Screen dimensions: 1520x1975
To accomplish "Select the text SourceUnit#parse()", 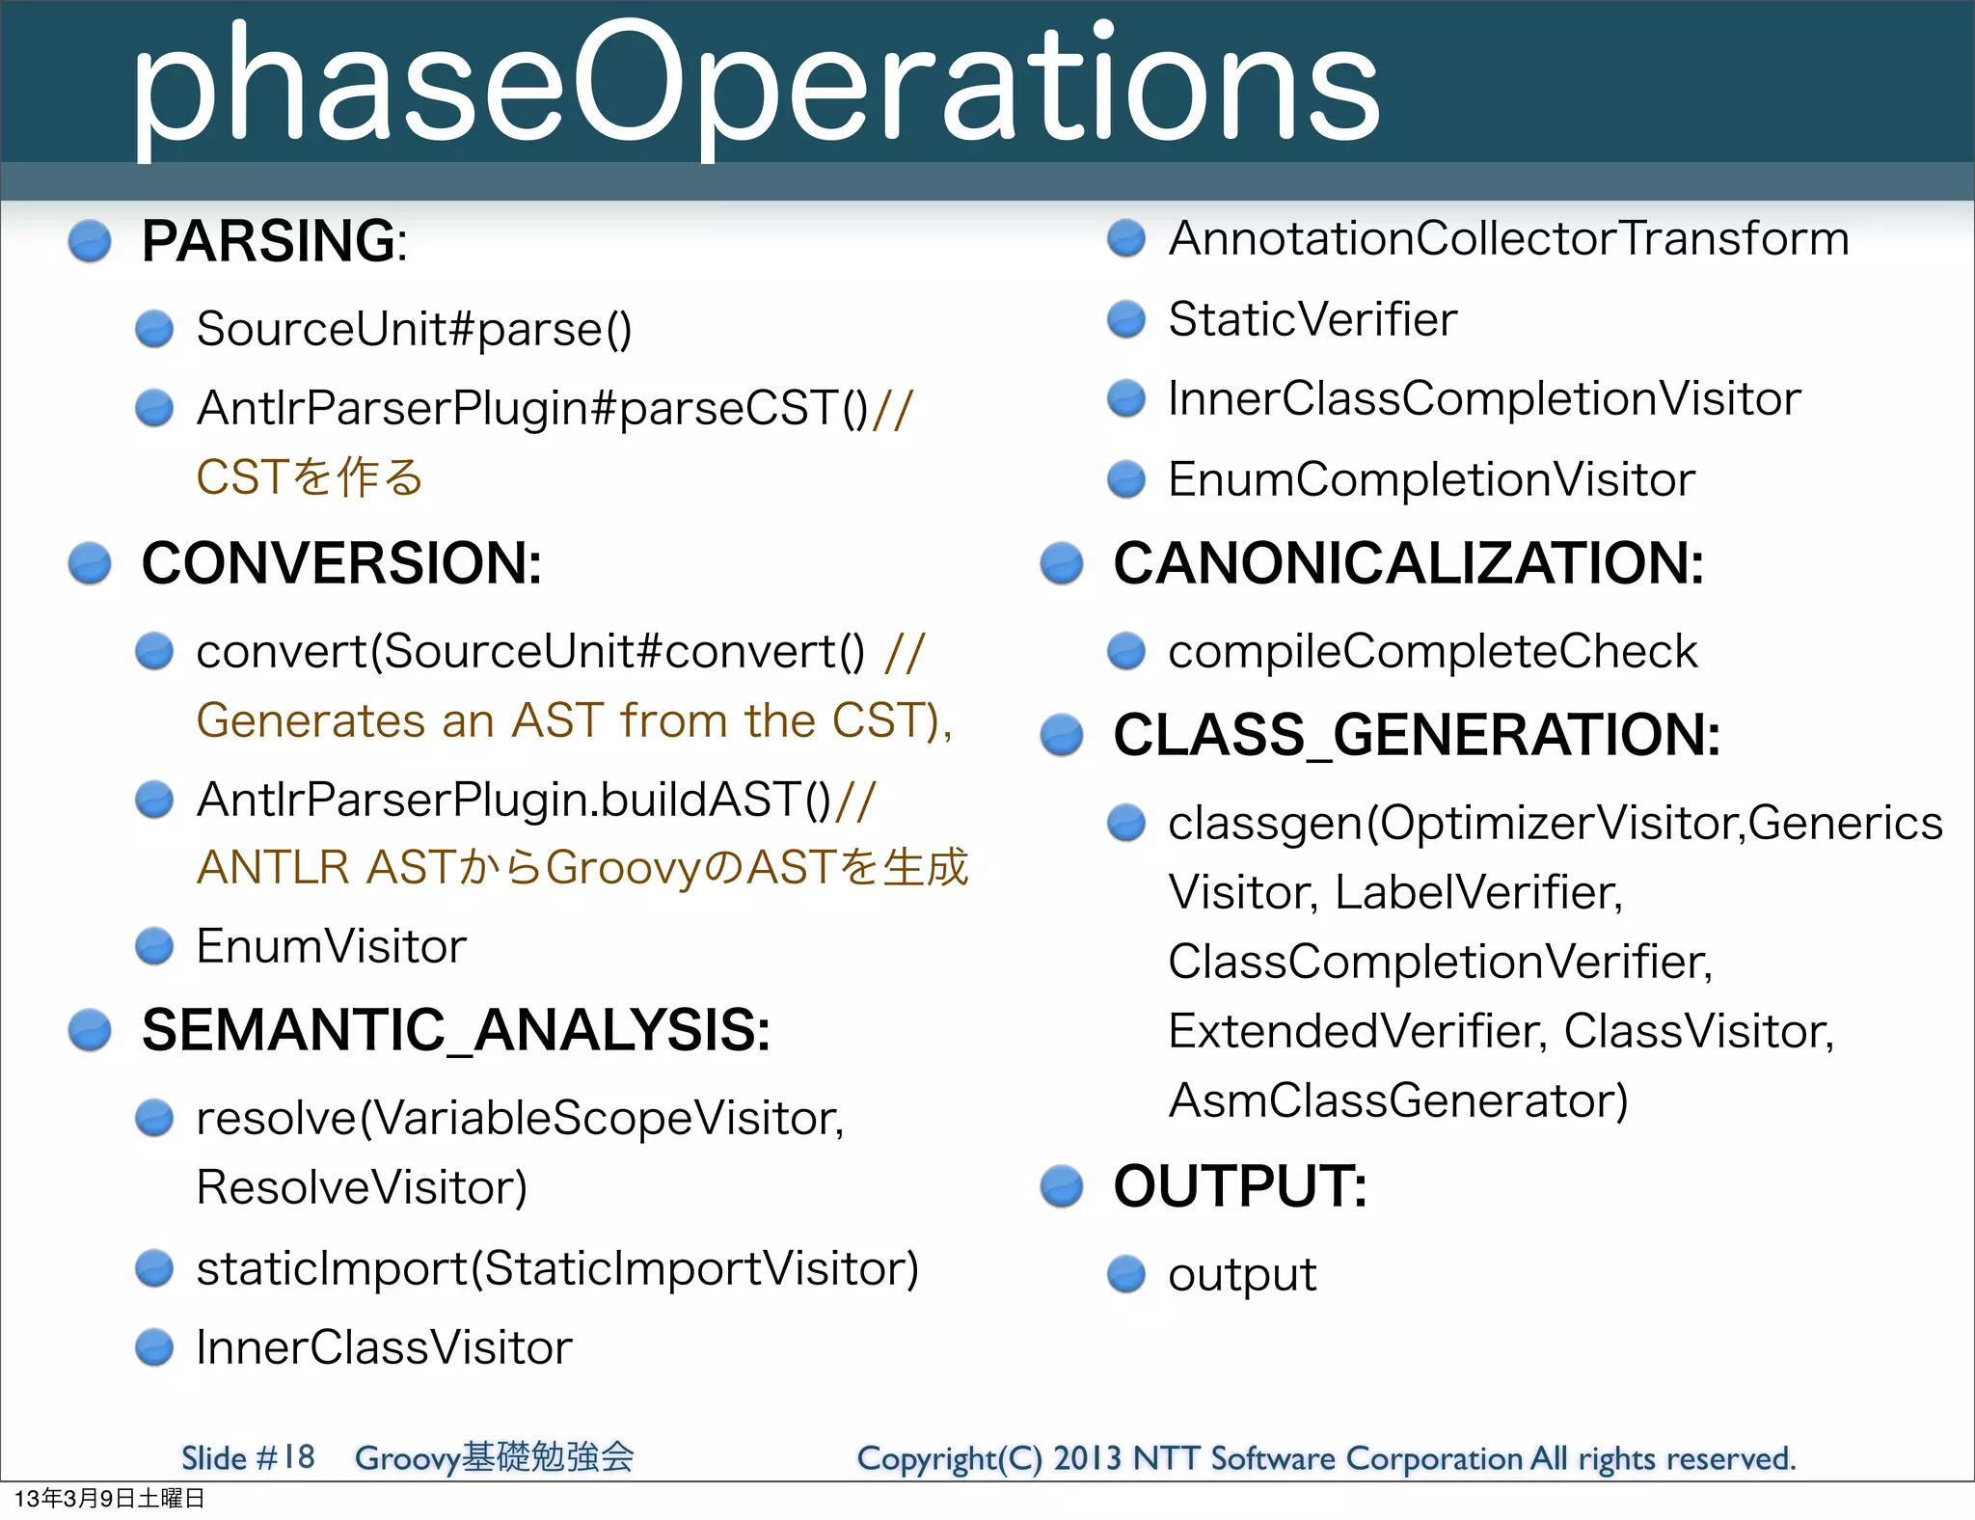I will (x=414, y=329).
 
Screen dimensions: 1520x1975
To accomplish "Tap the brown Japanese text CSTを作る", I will (x=310, y=477).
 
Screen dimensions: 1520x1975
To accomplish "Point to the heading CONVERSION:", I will (x=341, y=563).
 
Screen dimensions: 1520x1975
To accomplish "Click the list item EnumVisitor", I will (x=331, y=946).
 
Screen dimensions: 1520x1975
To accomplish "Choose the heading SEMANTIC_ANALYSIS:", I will (x=455, y=1030).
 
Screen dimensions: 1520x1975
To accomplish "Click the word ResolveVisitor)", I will (x=362, y=1187).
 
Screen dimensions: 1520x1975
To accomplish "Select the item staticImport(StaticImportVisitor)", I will (x=557, y=1268).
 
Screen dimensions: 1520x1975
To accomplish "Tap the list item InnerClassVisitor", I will (x=384, y=1347).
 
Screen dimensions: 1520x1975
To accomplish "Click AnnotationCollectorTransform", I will (x=1508, y=238).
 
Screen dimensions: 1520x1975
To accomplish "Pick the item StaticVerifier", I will (x=1312, y=319).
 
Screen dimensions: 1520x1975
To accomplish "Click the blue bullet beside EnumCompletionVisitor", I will (x=1125, y=478).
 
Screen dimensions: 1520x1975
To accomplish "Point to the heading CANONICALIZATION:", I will (x=1408, y=563).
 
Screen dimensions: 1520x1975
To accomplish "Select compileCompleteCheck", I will (x=1432, y=651).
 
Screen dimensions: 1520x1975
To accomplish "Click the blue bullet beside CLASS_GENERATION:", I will (x=1062, y=735).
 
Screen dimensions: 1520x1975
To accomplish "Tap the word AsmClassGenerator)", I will (x=1397, y=1100).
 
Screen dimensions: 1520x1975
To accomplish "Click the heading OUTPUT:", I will (x=1239, y=1186).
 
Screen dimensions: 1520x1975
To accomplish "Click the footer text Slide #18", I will (x=248, y=1457).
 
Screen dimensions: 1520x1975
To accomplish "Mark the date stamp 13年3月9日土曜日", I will (x=109, y=1499).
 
